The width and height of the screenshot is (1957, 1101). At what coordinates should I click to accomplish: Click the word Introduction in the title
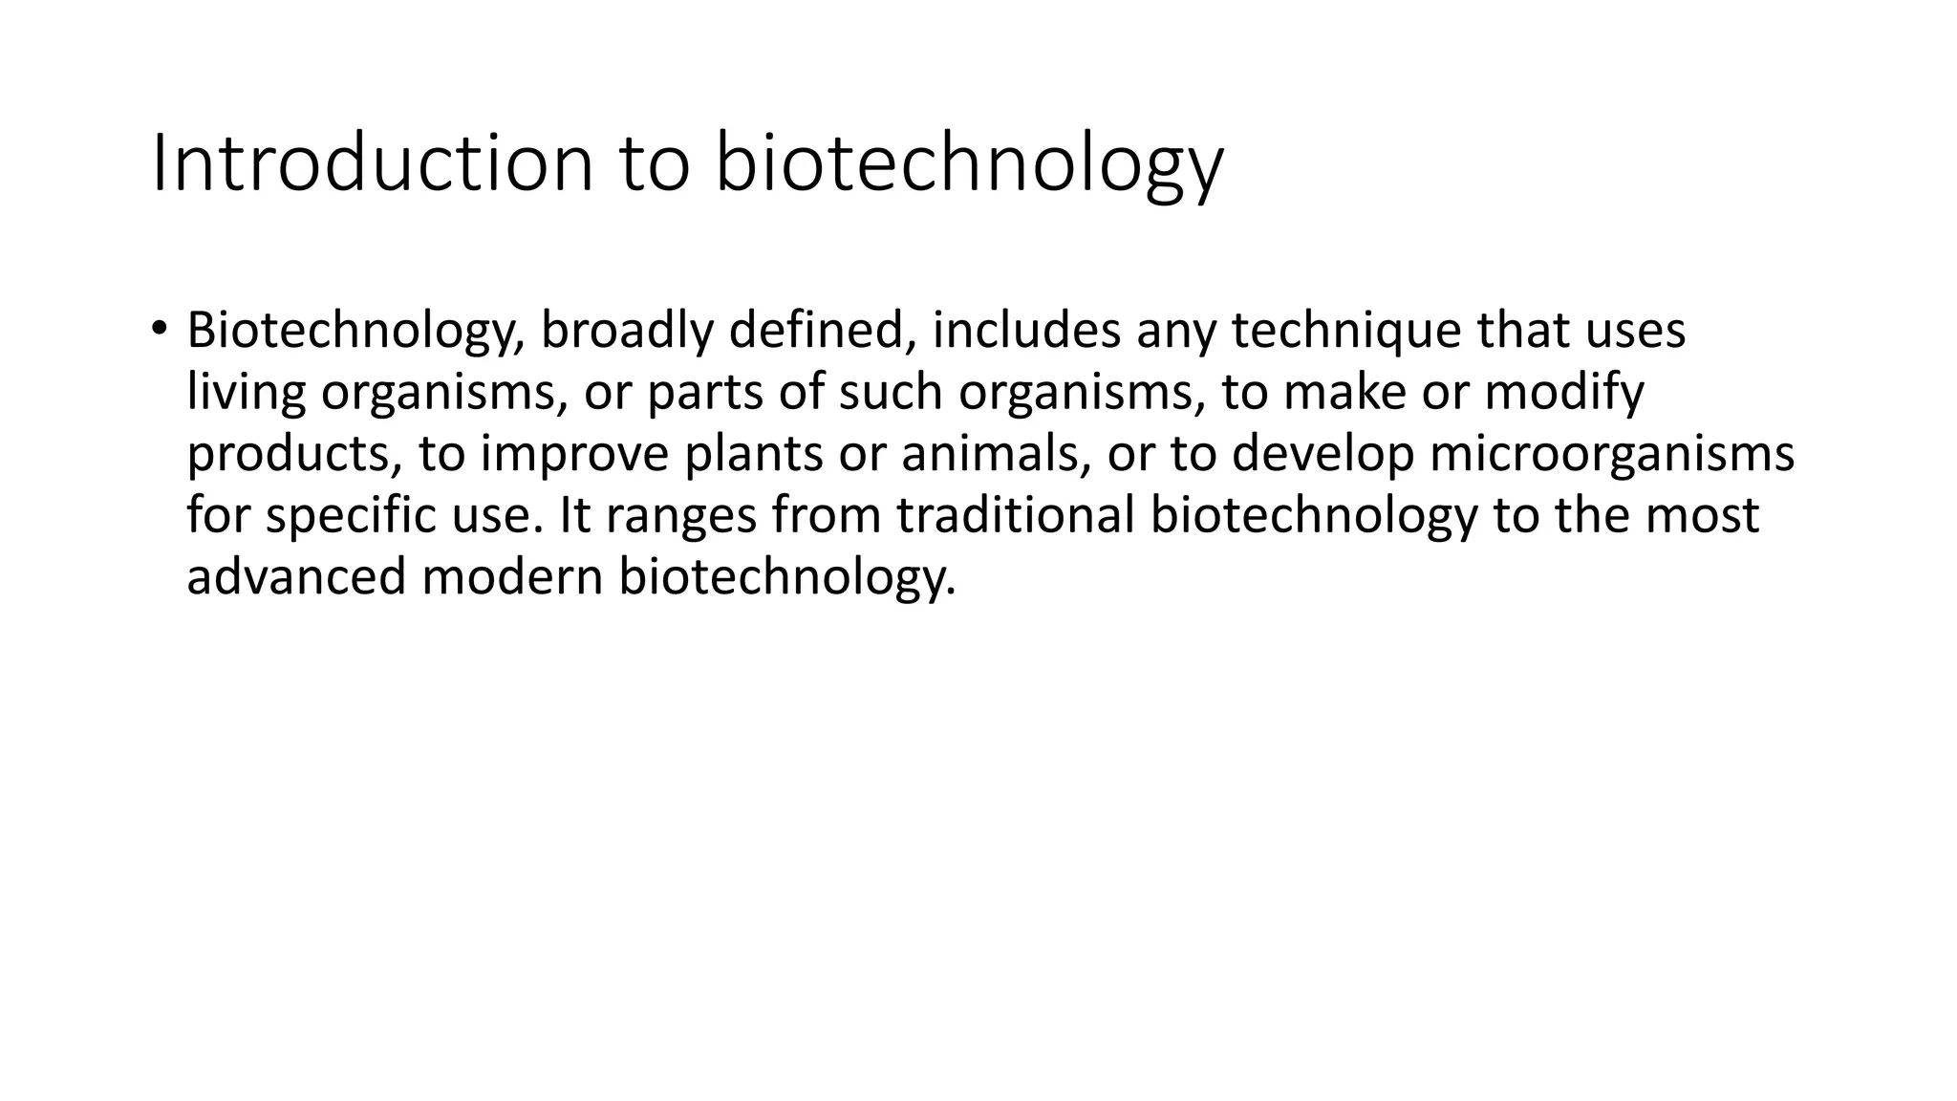pos(374,164)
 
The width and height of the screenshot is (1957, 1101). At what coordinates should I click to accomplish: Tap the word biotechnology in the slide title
pos(968,164)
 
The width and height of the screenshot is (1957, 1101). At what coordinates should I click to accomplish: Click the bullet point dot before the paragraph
pos(158,329)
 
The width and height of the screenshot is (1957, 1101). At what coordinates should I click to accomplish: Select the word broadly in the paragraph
pos(625,331)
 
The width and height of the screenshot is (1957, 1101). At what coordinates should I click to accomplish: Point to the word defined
pos(816,331)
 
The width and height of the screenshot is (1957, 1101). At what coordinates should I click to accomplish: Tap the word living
pos(246,393)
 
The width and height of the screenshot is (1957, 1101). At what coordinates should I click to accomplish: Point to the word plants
pos(753,455)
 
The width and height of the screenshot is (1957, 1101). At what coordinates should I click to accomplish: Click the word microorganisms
pos(1612,455)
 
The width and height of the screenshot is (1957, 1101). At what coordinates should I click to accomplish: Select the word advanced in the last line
pos(296,577)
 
